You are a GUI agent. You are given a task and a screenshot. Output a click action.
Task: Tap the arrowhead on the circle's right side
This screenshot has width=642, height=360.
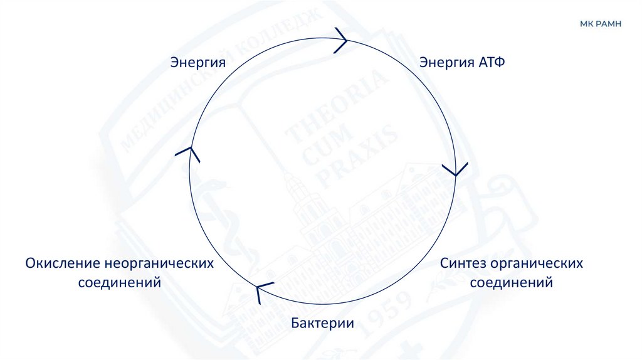[454, 170]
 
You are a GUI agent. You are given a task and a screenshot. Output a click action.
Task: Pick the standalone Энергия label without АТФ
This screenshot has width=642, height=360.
[197, 63]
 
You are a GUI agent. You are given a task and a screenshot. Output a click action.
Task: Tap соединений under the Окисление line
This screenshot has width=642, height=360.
[120, 282]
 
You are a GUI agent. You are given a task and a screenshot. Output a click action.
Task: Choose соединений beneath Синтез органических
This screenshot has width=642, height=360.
[511, 282]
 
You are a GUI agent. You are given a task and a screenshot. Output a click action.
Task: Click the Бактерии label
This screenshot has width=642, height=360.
[322, 324]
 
